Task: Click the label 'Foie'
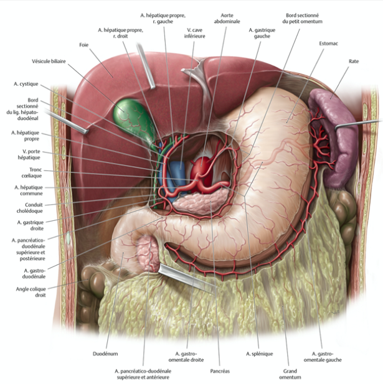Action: coord(84,45)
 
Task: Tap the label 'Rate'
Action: coord(356,63)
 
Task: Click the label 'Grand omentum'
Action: coord(290,373)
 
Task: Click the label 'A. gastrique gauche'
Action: coord(261,33)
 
